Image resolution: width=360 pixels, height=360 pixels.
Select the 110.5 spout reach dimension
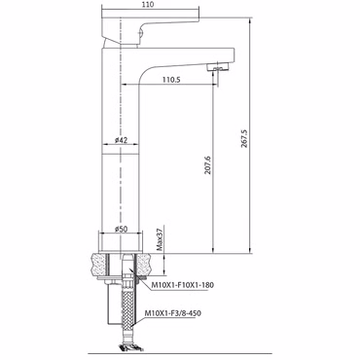(172, 79)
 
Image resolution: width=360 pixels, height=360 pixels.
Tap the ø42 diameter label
(121, 140)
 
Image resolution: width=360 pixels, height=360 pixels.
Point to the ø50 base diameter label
(121, 229)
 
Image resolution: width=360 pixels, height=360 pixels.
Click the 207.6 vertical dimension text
(208, 165)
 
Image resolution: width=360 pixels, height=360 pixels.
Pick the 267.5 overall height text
(244, 139)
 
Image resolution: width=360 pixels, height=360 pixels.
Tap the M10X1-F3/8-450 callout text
(172, 313)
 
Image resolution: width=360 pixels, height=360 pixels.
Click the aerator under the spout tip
(218, 67)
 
